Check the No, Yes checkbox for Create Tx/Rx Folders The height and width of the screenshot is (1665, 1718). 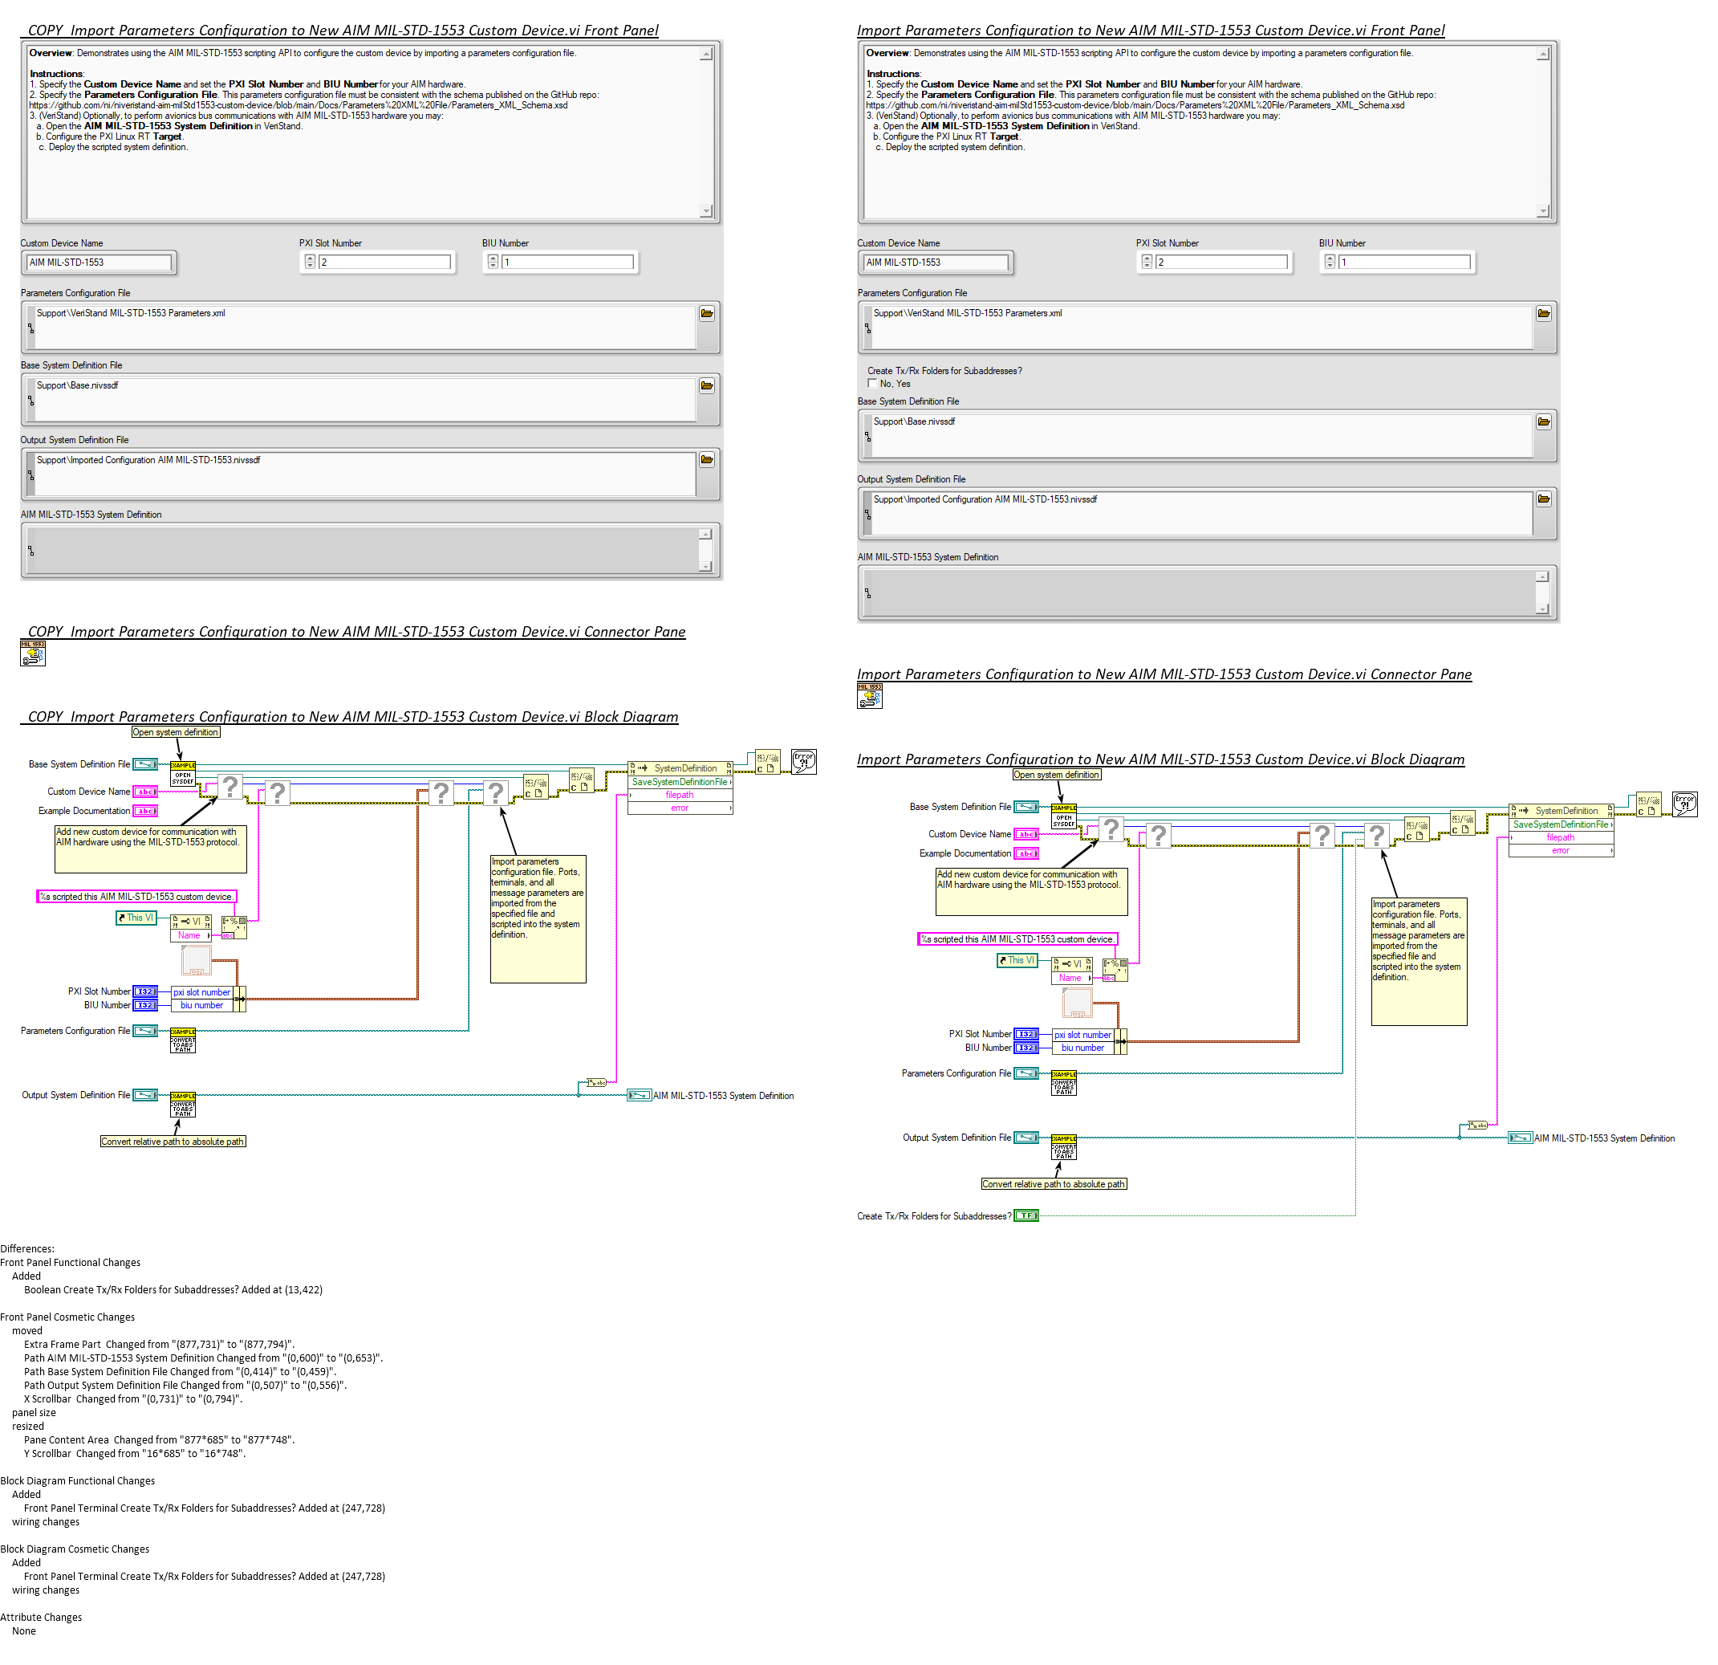click(872, 383)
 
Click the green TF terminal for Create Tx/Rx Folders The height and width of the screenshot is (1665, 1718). click(1026, 1216)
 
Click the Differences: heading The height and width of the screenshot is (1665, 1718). click(27, 1248)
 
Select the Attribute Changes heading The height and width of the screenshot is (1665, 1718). click(41, 1618)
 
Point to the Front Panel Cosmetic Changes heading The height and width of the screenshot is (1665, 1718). click(67, 1317)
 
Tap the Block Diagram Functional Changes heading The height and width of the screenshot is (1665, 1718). click(77, 1481)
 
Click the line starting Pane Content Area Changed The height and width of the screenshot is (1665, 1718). click(159, 1439)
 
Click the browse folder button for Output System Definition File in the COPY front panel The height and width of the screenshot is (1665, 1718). click(706, 459)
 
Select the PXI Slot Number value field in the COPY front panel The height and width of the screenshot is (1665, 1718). click(384, 263)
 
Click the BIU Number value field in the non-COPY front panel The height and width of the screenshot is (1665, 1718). click(1403, 263)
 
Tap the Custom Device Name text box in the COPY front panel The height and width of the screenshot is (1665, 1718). click(98, 263)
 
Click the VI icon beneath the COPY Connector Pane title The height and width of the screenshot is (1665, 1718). click(32, 653)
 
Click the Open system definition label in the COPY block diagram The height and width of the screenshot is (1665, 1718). click(175, 732)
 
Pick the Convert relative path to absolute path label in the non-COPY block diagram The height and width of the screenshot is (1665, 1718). click(1054, 1183)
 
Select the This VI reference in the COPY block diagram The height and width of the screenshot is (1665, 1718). click(136, 918)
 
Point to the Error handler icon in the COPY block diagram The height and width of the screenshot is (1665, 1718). click(804, 761)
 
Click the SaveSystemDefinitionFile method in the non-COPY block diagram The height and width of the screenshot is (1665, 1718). click(1560, 824)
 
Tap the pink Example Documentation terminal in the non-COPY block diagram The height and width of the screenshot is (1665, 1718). click(1026, 853)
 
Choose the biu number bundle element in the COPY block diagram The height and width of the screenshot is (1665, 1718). click(201, 1006)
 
